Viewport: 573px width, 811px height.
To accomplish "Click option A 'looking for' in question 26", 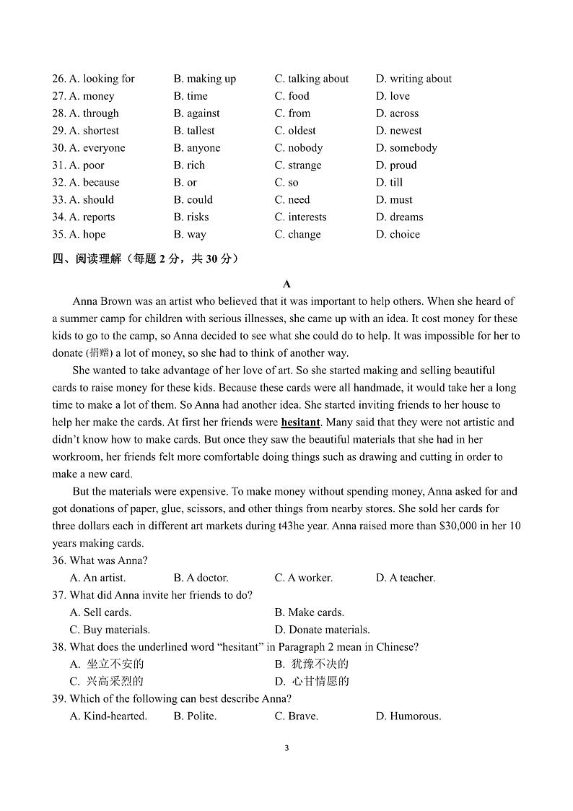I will tap(102, 79).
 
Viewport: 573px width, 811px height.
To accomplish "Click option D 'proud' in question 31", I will tap(396, 165).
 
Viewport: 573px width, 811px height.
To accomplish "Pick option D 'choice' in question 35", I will tap(398, 235).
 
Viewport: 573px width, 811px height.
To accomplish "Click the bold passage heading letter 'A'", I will tap(286, 284).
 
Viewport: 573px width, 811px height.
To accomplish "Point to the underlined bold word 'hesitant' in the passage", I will tap(300, 422).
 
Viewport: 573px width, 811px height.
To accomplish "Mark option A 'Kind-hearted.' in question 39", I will tap(108, 716).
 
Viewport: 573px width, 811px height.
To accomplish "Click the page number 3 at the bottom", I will tap(286, 748).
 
